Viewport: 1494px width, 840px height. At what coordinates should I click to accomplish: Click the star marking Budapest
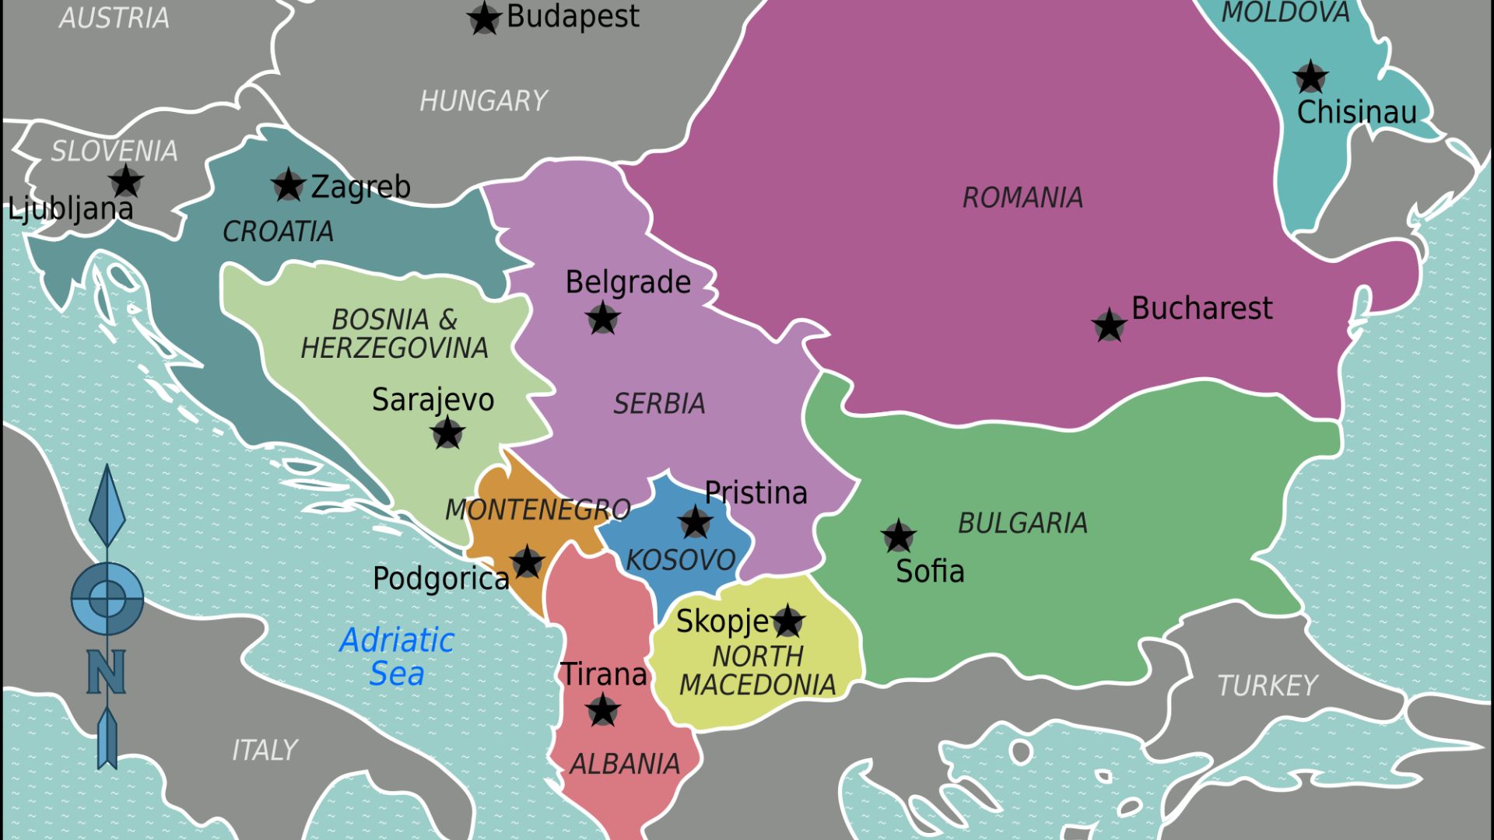click(x=483, y=19)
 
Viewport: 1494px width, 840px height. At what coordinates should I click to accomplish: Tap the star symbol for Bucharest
click(x=1109, y=325)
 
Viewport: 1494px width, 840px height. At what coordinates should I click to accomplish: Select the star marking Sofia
click(x=898, y=536)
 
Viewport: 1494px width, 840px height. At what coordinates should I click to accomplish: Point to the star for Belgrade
click(x=602, y=318)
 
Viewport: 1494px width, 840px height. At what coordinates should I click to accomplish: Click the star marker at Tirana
click(x=602, y=710)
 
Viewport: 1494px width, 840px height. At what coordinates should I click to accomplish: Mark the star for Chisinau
click(x=1310, y=77)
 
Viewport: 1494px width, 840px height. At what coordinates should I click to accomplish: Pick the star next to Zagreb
click(x=288, y=185)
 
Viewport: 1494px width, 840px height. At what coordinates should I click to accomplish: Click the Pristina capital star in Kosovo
click(x=695, y=522)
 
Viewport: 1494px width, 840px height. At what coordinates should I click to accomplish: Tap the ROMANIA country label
click(x=1022, y=198)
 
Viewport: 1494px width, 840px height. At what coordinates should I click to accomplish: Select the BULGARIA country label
click(x=1022, y=523)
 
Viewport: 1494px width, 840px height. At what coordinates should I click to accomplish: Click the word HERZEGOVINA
click(x=395, y=348)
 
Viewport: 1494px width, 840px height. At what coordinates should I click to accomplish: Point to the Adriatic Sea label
click(x=397, y=656)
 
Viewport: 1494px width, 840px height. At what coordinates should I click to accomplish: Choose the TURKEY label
click(x=1267, y=686)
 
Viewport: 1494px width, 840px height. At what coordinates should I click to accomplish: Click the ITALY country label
click(x=265, y=750)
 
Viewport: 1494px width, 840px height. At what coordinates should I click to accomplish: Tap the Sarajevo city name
click(x=433, y=400)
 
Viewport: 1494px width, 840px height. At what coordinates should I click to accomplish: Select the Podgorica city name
click(x=440, y=579)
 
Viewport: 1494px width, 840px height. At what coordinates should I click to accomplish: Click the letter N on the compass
click(x=107, y=671)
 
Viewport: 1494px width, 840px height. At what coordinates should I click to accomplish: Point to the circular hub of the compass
click(x=107, y=598)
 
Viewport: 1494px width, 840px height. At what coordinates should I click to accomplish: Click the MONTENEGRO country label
click(x=537, y=510)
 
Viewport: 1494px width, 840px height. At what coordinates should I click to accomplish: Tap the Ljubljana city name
click(x=71, y=208)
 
